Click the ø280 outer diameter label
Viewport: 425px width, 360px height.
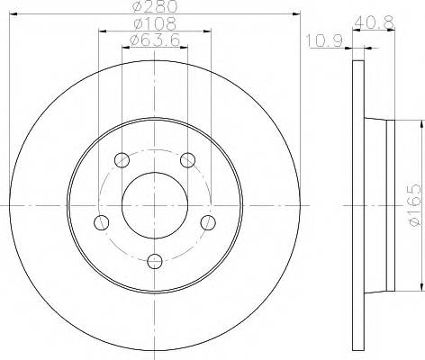153,7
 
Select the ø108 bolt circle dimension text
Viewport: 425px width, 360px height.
153,23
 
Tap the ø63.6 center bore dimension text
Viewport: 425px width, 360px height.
153,40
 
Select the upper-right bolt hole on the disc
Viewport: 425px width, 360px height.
187,161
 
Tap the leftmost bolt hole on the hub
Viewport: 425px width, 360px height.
102,222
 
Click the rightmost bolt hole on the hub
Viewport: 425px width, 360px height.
207,222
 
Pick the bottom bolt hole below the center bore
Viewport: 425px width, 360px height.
155,261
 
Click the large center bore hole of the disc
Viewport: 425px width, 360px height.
154,205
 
